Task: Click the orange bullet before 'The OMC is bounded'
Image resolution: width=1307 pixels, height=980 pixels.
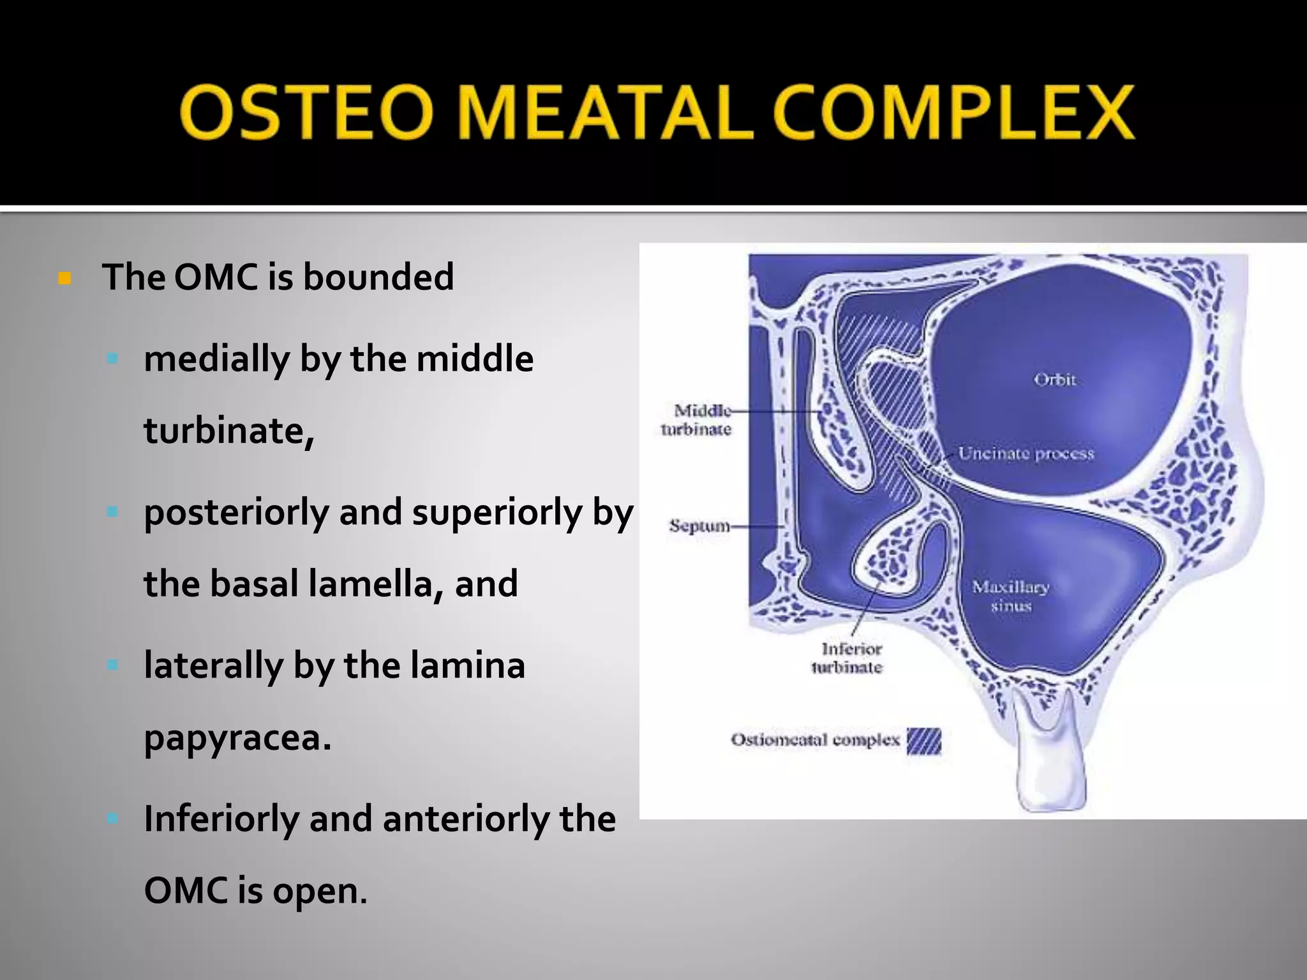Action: click(64, 278)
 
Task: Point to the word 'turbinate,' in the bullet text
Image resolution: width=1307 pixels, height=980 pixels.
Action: click(228, 431)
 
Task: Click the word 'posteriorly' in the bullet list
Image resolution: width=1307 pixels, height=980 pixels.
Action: click(235, 512)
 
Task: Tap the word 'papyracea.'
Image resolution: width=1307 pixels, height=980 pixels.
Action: click(237, 739)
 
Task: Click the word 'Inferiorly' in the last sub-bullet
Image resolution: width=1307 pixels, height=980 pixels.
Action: click(221, 819)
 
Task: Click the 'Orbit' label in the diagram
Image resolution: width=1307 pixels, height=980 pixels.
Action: click(1054, 380)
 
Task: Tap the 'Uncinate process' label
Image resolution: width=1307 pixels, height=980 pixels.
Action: click(1026, 454)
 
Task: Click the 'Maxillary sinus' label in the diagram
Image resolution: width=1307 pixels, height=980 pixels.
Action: click(1010, 595)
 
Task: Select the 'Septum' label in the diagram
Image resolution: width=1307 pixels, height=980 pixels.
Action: click(699, 526)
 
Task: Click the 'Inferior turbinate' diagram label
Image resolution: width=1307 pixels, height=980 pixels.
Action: click(848, 658)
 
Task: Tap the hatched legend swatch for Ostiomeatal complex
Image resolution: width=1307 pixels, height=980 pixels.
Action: click(923, 741)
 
